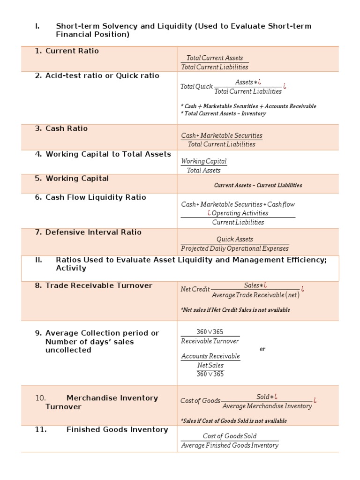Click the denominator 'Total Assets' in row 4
click(x=203, y=171)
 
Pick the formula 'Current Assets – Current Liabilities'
click(x=258, y=185)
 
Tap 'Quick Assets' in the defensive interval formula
click(x=234, y=239)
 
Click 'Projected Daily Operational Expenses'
click(x=235, y=248)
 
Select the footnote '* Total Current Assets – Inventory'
click(x=223, y=113)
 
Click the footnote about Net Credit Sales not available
click(x=235, y=310)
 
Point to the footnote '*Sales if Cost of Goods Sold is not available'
click(x=233, y=420)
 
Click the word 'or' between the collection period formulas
click(x=262, y=349)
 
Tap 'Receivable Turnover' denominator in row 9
click(x=210, y=341)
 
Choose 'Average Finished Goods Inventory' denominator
click(x=230, y=445)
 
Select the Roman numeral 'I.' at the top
click(x=37, y=26)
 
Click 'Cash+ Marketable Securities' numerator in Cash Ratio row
click(x=222, y=135)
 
